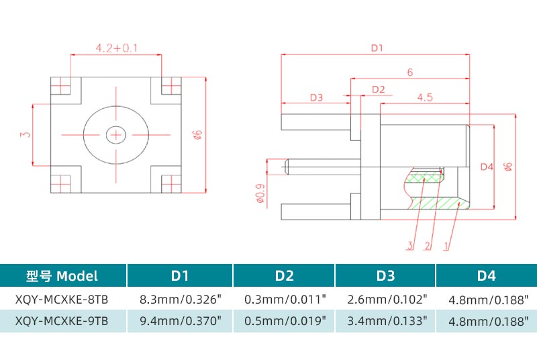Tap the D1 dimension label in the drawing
(377, 48)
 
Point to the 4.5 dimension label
(424, 97)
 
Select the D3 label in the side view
(316, 97)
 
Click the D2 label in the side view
(378, 89)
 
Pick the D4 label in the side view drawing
(487, 167)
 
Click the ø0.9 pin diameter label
(260, 193)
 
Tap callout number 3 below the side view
(409, 245)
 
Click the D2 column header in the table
(285, 275)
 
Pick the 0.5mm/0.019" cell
(285, 320)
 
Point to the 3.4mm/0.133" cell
(385, 320)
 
